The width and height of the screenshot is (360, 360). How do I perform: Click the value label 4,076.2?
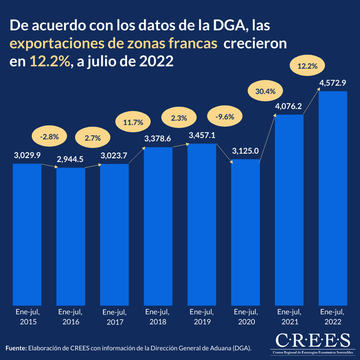coord(288,106)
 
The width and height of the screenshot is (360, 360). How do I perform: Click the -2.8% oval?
coord(49,136)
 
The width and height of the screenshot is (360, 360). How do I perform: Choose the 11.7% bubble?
coord(133,123)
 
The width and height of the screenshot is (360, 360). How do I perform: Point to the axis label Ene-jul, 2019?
coord(202,317)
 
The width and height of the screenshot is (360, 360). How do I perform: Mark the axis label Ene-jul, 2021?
coord(289,317)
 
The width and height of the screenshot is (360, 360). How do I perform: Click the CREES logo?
coord(312,342)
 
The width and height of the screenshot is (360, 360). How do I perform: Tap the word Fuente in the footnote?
coord(16,348)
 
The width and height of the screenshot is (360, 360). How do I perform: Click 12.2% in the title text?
coord(50,62)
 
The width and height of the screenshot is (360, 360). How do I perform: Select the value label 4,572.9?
coord(333,83)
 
